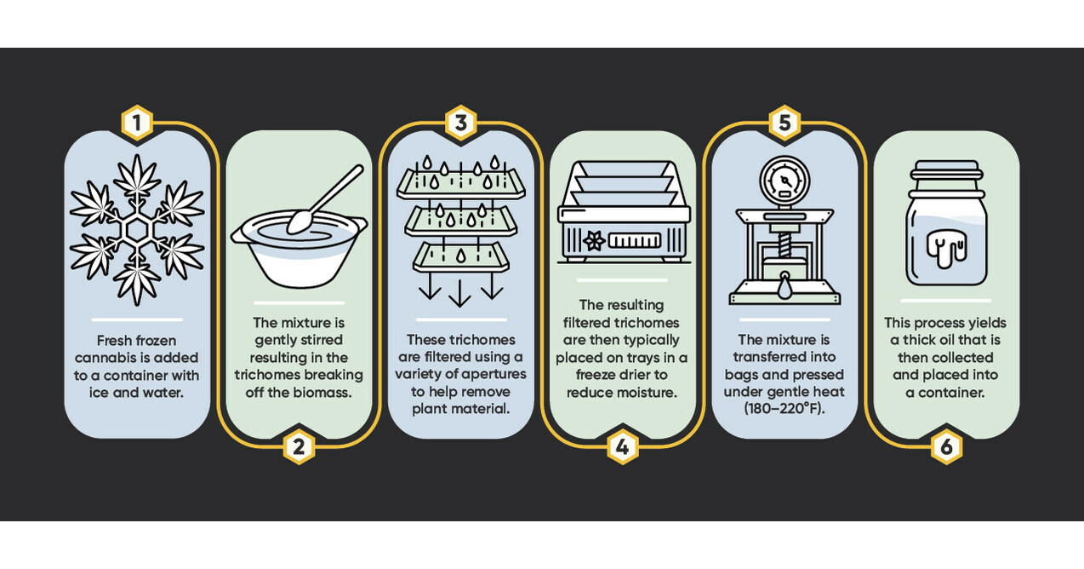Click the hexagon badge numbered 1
click(x=138, y=123)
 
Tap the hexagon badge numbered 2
click(x=299, y=446)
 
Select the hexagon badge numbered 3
click(x=461, y=123)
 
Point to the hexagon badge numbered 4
click(x=623, y=446)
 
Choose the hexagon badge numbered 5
click(x=784, y=123)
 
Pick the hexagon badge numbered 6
click(x=946, y=446)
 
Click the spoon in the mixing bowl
click(x=325, y=199)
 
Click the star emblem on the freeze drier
click(x=594, y=241)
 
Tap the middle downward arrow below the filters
click(x=459, y=292)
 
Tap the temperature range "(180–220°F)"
click(x=784, y=409)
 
